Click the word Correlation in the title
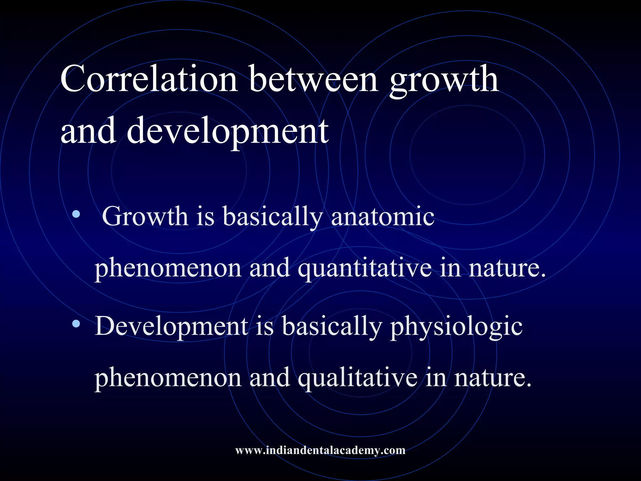149,79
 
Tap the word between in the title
313,79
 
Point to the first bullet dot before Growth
76,215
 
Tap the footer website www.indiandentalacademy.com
320,450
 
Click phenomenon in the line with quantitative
168,269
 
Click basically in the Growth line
273,217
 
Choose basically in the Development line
332,326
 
